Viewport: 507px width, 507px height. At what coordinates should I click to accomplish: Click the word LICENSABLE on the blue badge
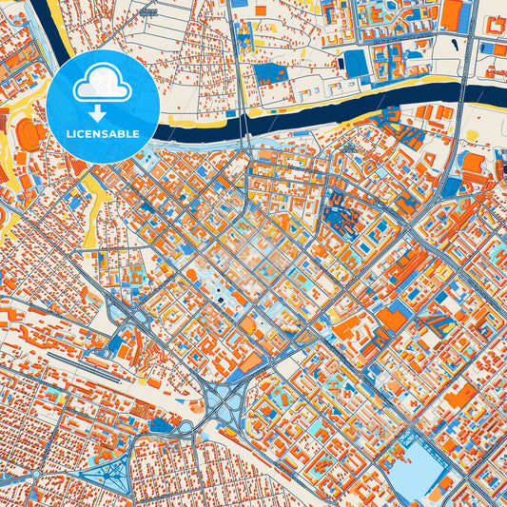click(x=102, y=134)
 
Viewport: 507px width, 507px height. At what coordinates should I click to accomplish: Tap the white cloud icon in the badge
click(x=102, y=84)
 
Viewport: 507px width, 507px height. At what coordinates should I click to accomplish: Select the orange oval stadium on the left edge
click(x=29, y=137)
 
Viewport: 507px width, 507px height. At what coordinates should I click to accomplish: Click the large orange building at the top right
click(x=453, y=12)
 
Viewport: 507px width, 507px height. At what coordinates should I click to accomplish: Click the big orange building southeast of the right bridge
click(x=473, y=164)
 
